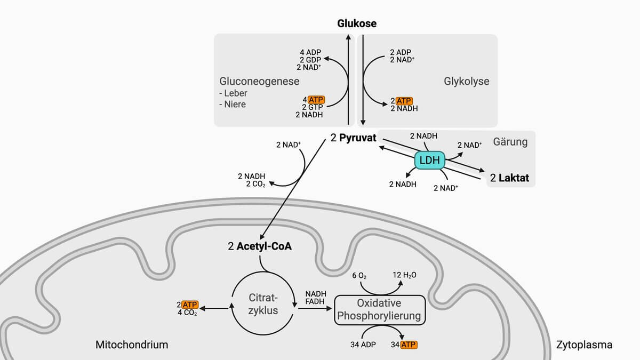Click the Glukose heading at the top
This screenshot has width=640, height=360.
point(357,23)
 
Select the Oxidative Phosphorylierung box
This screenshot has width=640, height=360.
point(379,310)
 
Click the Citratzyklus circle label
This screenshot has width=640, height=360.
point(263,304)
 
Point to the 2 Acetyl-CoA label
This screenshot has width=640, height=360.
point(260,246)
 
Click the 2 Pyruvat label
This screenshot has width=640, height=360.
point(353,138)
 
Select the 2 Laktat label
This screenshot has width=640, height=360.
point(510,178)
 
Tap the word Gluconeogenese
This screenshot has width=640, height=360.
point(259,82)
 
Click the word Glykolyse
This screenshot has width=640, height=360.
point(466,82)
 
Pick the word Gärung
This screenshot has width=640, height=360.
point(510,142)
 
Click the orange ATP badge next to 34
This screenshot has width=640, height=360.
point(409,345)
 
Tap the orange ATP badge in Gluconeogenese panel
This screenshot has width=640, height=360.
point(316,100)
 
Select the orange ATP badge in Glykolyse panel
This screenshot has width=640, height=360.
point(404,100)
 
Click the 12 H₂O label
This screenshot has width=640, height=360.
point(405,275)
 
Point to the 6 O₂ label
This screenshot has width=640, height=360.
point(359,276)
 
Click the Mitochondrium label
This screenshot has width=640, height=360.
point(131,345)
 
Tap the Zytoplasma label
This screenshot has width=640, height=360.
point(584,345)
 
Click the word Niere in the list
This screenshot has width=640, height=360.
point(235,104)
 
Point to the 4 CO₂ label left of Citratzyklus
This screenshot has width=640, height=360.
point(187,313)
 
